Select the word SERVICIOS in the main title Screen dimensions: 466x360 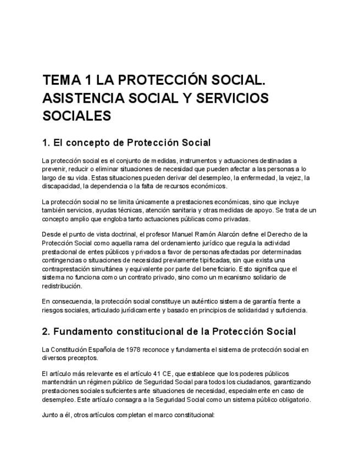224,98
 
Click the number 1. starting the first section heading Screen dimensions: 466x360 46,143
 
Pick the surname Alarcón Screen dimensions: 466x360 245,235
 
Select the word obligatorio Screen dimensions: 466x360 292,400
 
